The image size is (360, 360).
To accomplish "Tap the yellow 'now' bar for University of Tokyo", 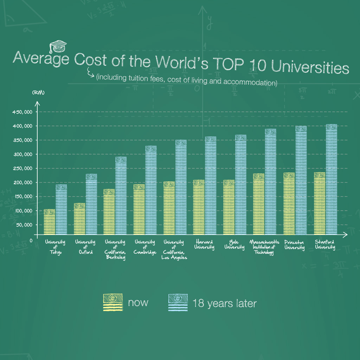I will pyautogui.click(x=49, y=222).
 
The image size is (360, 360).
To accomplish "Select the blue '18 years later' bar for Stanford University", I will pyautogui.click(x=331, y=179).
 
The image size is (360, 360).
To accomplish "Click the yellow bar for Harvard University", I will pyautogui.click(x=199, y=207).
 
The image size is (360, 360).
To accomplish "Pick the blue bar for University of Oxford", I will pyautogui.click(x=91, y=204).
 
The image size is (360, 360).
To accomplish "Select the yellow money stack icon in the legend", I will pyautogui.click(x=112, y=302).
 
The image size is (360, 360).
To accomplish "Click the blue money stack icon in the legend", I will pyautogui.click(x=178, y=303).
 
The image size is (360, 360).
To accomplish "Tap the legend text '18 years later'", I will pyautogui.click(x=224, y=303).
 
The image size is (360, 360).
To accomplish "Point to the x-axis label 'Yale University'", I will pyautogui.click(x=234, y=245).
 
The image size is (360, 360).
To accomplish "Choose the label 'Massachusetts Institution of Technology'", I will pyautogui.click(x=264, y=247).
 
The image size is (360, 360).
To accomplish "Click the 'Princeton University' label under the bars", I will pyautogui.click(x=294, y=245).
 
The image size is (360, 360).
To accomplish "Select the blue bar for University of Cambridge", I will pyautogui.click(x=151, y=190).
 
